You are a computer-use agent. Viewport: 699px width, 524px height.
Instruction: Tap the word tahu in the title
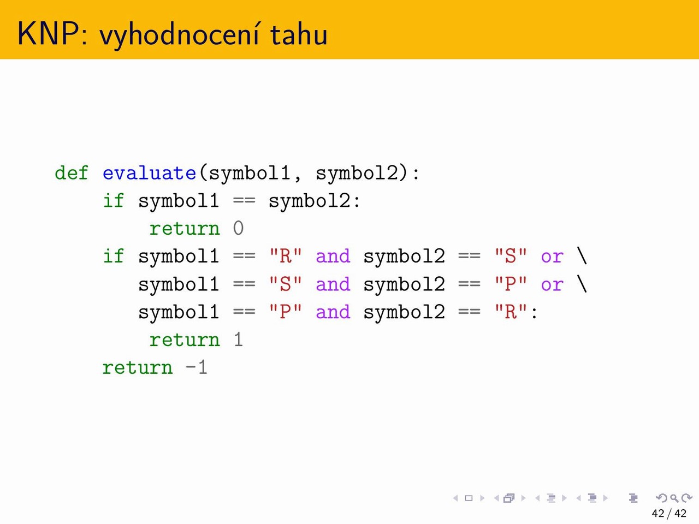pos(299,34)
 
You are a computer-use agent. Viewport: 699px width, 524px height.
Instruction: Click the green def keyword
pos(71,173)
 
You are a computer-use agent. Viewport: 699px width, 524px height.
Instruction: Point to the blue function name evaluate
pos(149,173)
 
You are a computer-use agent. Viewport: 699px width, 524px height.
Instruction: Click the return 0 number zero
pos(238,229)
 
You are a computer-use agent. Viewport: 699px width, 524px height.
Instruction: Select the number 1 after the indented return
pos(238,340)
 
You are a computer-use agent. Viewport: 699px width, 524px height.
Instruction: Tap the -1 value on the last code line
pos(196,367)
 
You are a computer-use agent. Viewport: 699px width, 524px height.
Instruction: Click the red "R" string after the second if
pos(285,256)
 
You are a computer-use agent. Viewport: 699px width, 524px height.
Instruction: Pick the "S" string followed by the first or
pos(511,256)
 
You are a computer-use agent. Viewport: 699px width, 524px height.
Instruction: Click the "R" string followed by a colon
pos(511,312)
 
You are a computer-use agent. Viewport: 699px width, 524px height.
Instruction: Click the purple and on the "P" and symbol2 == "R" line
pos(333,312)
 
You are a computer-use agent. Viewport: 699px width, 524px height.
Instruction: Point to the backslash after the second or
pos(582,284)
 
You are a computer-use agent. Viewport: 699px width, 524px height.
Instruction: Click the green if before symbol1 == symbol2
pos(113,201)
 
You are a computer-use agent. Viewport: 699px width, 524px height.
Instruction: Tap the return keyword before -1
pos(138,368)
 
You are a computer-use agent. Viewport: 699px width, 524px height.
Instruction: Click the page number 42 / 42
pos(669,514)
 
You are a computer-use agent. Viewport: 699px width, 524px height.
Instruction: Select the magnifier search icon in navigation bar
pos(674,498)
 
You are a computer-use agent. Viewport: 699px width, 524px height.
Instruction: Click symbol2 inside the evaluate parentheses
pos(357,174)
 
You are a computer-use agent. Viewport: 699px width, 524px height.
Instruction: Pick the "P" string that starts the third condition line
pos(285,312)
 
